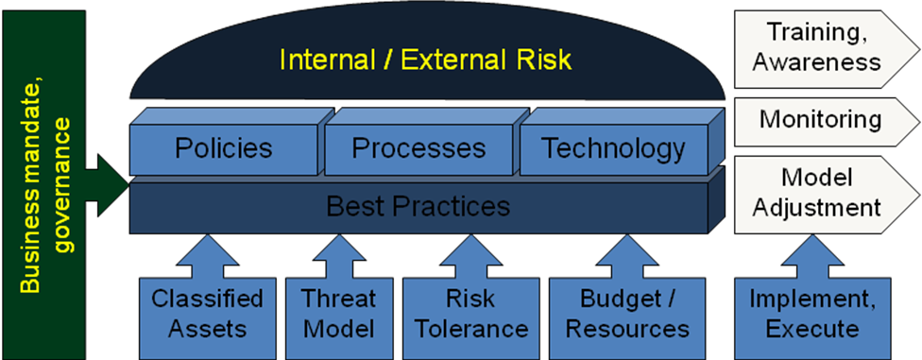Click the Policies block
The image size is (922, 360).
[224, 148]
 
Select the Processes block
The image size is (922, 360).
[418, 148]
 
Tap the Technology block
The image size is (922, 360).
[613, 148]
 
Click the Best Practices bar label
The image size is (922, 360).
[418, 205]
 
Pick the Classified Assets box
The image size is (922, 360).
[208, 314]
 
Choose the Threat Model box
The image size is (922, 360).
[338, 314]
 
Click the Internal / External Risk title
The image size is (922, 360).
[425, 60]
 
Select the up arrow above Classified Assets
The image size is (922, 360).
[208, 253]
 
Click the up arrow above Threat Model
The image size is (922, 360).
[338, 253]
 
